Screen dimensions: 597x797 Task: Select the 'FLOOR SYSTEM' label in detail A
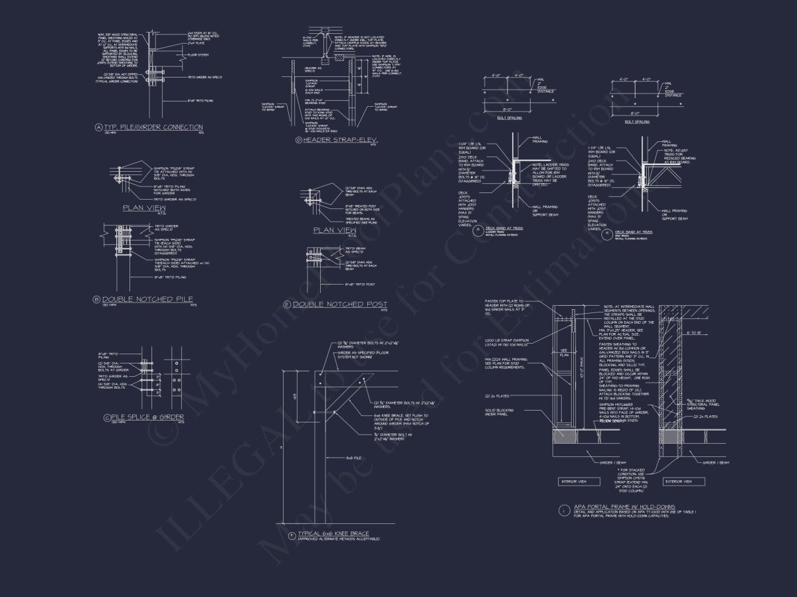tap(199, 55)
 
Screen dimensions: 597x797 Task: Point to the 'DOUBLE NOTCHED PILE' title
tap(150, 300)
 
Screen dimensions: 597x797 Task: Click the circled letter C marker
tap(106, 417)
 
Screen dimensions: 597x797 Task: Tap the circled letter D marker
tap(298, 141)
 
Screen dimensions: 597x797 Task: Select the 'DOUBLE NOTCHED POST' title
tap(340, 304)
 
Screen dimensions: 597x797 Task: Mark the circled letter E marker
tap(287, 304)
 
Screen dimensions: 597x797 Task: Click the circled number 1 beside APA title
tap(564, 510)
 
